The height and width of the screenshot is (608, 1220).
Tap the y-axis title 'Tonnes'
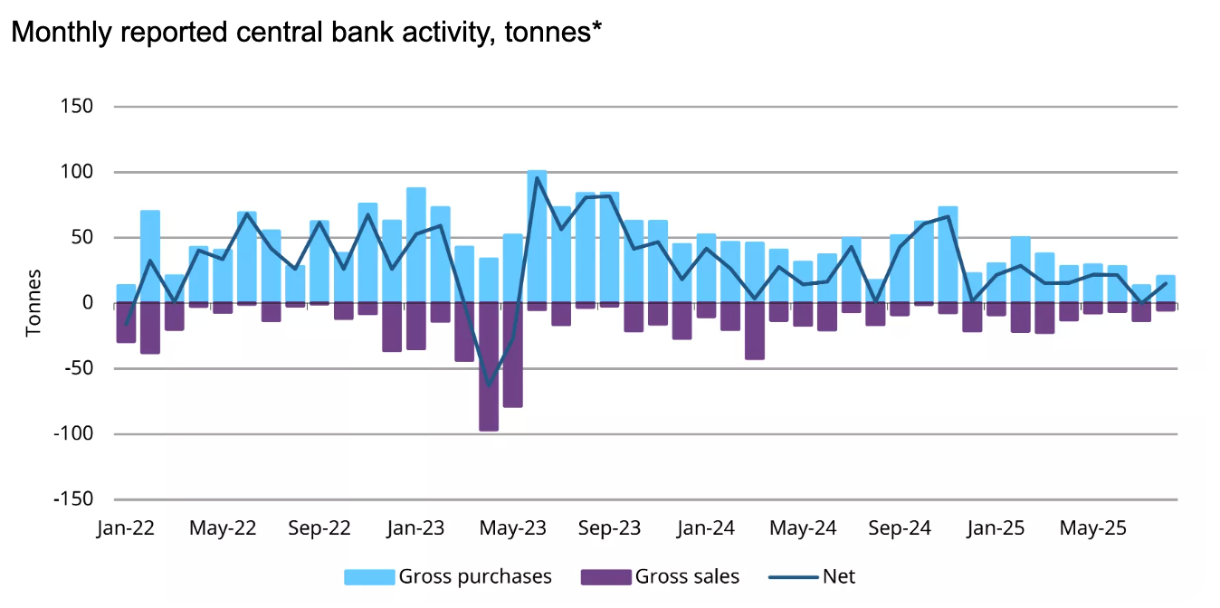(x=33, y=302)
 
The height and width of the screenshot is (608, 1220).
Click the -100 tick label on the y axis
(x=73, y=433)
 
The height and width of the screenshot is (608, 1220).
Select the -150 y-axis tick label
(x=73, y=499)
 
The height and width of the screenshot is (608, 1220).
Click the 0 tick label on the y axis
(x=88, y=303)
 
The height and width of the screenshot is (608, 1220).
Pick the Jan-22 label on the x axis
(x=125, y=528)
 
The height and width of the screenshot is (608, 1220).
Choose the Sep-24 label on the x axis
(x=900, y=528)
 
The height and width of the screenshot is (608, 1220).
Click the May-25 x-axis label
(x=1092, y=528)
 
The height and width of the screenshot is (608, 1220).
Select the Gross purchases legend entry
(x=448, y=576)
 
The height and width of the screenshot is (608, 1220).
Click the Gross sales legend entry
(x=660, y=576)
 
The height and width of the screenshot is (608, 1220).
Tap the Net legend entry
(x=812, y=576)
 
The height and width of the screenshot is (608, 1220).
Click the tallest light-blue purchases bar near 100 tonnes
(x=537, y=235)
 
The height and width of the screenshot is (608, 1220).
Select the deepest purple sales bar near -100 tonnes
(x=489, y=367)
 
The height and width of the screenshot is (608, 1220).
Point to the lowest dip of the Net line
(x=489, y=385)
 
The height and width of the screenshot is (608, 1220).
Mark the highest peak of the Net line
(x=537, y=177)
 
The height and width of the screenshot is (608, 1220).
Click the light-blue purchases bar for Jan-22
(x=126, y=293)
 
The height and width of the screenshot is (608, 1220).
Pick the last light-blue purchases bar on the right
(x=1166, y=289)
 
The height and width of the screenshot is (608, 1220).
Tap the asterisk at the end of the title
(x=597, y=27)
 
